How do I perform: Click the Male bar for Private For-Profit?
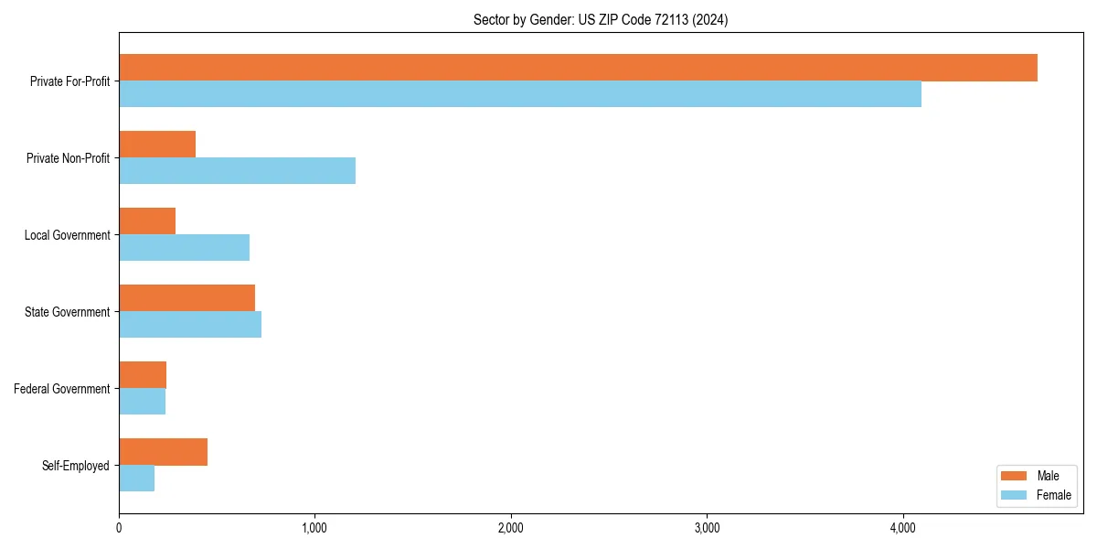click(578, 68)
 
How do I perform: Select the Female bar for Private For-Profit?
click(520, 94)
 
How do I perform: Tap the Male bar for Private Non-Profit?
click(157, 145)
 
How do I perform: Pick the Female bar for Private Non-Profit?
click(237, 171)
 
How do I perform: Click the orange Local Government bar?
click(147, 221)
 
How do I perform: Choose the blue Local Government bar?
click(184, 248)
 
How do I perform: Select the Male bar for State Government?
click(186, 298)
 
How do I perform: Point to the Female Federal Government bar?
click(142, 402)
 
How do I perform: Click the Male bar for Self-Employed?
click(163, 452)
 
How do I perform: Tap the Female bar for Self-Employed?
click(136, 479)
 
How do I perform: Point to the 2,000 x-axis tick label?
click(510, 528)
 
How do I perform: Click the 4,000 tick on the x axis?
click(902, 528)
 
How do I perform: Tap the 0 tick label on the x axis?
click(119, 528)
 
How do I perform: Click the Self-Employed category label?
click(75, 466)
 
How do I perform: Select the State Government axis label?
click(67, 312)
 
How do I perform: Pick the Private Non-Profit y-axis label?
click(68, 158)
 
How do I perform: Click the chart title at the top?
click(601, 19)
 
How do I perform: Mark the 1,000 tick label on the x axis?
click(314, 528)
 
